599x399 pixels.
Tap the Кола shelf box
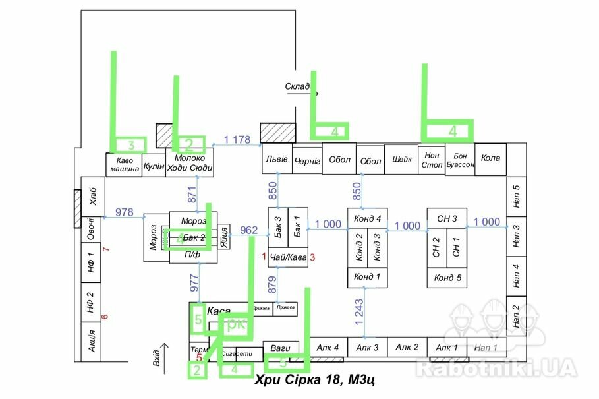click(x=491, y=159)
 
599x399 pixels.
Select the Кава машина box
click(x=125, y=164)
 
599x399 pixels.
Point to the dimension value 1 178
click(x=237, y=139)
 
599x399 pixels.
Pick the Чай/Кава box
click(x=288, y=257)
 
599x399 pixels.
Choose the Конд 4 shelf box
click(x=368, y=219)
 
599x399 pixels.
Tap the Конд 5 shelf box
click(x=447, y=278)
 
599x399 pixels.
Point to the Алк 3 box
click(x=367, y=348)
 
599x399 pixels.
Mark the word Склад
click(x=297, y=86)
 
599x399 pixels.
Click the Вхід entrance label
click(x=156, y=355)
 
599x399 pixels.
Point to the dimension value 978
click(x=124, y=212)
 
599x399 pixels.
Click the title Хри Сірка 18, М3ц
click(x=315, y=379)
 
